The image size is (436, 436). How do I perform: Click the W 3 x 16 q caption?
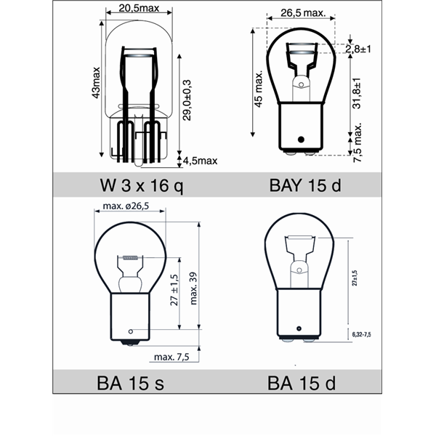pyautogui.click(x=140, y=185)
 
